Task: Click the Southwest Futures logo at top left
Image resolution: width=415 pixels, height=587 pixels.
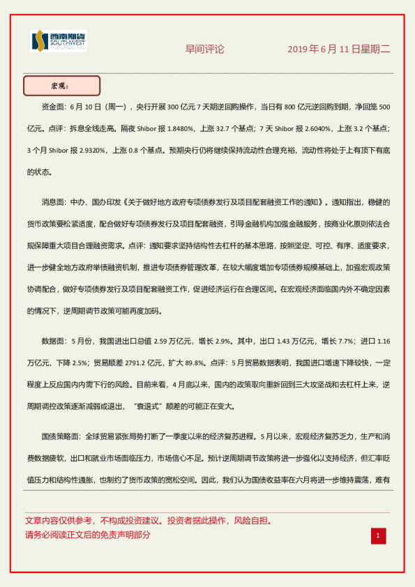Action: [59, 42]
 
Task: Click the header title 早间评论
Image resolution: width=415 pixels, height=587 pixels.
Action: [204, 49]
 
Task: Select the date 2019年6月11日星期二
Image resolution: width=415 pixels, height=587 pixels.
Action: [339, 49]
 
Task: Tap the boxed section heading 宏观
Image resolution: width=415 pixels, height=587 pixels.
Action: [61, 86]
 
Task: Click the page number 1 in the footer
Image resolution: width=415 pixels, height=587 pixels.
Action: [378, 535]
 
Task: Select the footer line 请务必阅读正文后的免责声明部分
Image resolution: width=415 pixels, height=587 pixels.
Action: [87, 535]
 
